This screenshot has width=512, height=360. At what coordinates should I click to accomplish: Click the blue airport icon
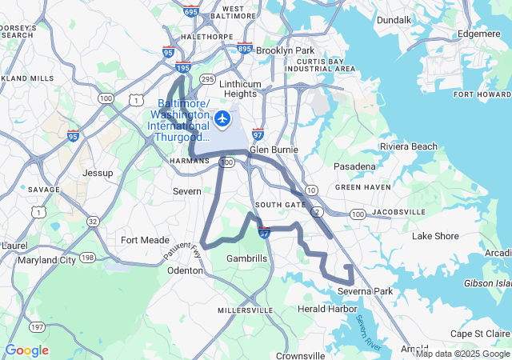[222, 119]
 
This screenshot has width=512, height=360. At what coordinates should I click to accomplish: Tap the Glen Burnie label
[274, 149]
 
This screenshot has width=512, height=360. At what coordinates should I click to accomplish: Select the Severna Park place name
[365, 291]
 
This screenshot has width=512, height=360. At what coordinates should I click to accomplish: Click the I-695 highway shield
[190, 12]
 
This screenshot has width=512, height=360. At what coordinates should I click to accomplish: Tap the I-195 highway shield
[183, 70]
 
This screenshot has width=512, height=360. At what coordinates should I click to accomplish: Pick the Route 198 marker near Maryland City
[87, 258]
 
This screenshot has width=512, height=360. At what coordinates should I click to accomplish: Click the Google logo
[26, 350]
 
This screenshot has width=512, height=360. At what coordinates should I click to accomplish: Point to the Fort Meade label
[145, 239]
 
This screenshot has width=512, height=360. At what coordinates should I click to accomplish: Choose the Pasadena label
[354, 166]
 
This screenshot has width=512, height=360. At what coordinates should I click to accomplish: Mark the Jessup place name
[98, 172]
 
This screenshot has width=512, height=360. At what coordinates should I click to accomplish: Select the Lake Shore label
[435, 236]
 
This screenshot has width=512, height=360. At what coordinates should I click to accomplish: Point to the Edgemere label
[478, 34]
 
